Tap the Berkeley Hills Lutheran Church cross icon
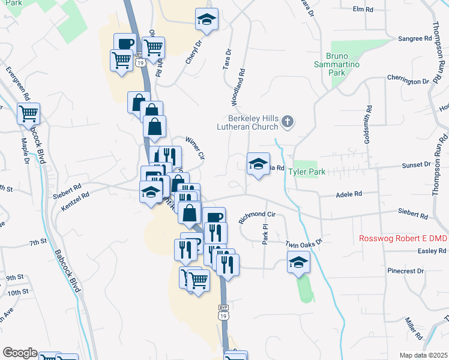[288, 122]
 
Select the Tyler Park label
[307, 172]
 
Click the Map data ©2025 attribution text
[423, 355]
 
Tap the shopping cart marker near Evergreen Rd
[29, 113]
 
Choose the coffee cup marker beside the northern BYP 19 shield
[125, 44]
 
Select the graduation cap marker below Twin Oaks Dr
[298, 263]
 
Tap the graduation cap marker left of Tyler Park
[258, 164]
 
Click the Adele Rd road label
[349, 194]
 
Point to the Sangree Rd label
[415, 38]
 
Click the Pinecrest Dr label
[405, 271]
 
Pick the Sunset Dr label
[419, 164]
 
